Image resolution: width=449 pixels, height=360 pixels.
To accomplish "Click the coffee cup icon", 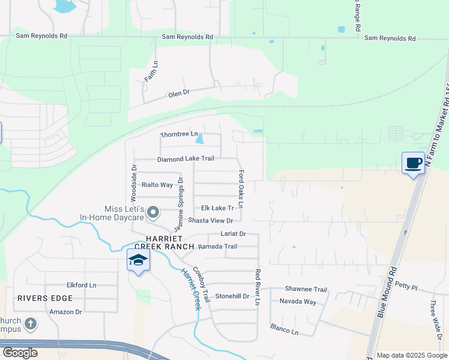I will coord(413,163).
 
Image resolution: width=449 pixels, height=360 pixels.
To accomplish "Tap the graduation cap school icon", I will coord(138,260).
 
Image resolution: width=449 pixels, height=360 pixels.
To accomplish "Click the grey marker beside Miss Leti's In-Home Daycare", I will coord(153,212).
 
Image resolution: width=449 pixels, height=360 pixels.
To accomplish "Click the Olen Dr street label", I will coord(178,93).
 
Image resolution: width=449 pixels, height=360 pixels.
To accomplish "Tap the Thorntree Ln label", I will coord(179,134).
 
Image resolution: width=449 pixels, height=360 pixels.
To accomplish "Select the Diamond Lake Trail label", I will coord(185,159).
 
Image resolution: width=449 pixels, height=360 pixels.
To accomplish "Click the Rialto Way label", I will coord(157,185).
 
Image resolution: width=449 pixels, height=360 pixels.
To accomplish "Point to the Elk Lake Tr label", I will coord(217,208).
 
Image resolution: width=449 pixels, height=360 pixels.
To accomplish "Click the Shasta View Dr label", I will coord(210,221).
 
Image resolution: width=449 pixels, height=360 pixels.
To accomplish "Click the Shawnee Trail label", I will coord(306,289).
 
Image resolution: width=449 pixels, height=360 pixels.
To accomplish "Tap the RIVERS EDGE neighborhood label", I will coord(45,298).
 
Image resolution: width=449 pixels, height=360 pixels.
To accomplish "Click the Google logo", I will coord(20,353).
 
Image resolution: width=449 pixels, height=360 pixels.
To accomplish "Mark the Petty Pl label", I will coord(406,287).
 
